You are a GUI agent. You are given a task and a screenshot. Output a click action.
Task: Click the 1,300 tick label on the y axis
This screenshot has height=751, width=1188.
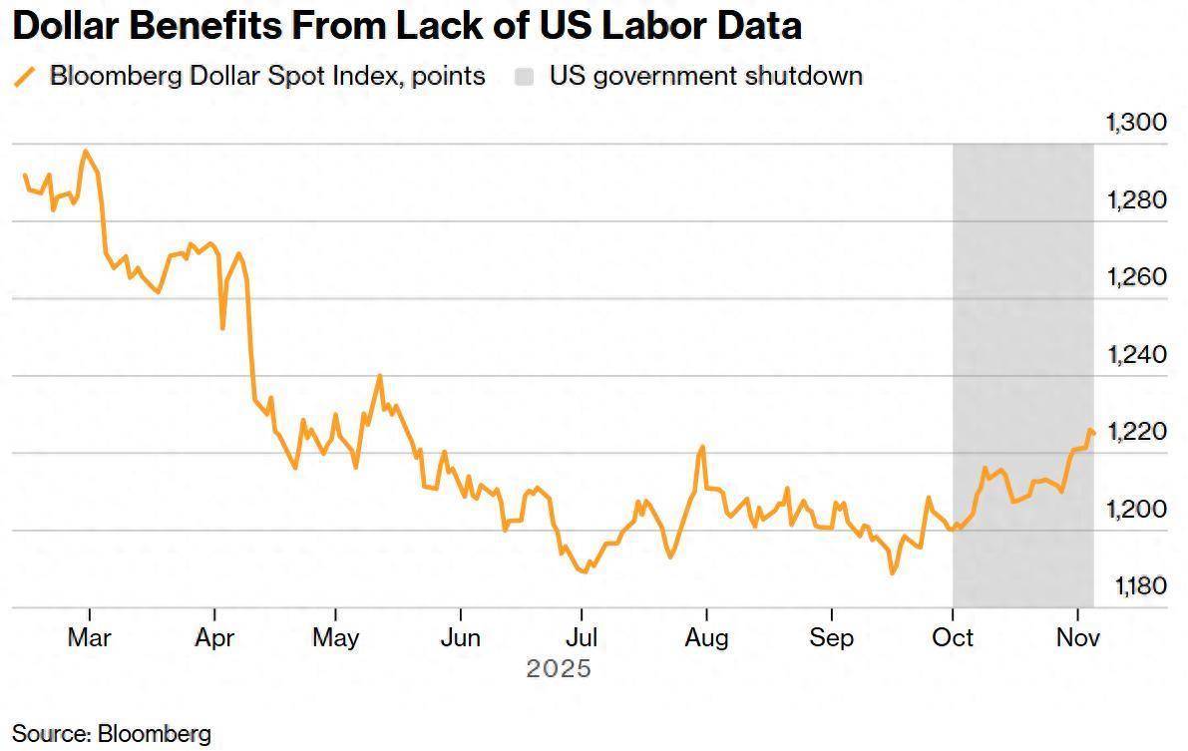[x=1137, y=123]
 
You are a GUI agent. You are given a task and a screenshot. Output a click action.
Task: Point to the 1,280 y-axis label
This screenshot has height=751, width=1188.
[x=1137, y=200]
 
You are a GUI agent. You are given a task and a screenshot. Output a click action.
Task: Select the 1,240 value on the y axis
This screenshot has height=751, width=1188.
[x=1137, y=355]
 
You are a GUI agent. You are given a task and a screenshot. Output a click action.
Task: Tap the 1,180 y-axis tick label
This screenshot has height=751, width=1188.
[x=1137, y=586]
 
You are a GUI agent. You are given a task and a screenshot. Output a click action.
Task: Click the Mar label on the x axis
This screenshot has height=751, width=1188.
[x=90, y=637]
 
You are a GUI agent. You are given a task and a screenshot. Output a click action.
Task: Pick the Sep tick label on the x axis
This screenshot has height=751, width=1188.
[x=831, y=637]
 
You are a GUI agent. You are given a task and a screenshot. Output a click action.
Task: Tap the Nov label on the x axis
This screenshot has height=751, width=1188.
[x=1077, y=637]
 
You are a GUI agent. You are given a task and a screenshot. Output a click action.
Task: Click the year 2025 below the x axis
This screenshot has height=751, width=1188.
[x=559, y=668]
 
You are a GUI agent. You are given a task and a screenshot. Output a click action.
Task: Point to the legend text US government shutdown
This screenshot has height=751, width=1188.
[x=705, y=76]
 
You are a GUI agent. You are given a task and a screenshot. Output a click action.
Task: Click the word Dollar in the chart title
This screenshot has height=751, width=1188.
[x=71, y=26]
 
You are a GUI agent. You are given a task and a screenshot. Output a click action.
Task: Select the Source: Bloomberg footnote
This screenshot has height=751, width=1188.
[x=112, y=734]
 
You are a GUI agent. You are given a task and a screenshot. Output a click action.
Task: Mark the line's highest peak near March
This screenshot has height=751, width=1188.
[x=86, y=151]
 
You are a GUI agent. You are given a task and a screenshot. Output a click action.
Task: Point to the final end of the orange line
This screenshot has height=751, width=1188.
[x=1094, y=433]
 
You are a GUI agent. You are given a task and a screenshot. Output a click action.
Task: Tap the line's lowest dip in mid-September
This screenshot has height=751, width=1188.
[x=892, y=573]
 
